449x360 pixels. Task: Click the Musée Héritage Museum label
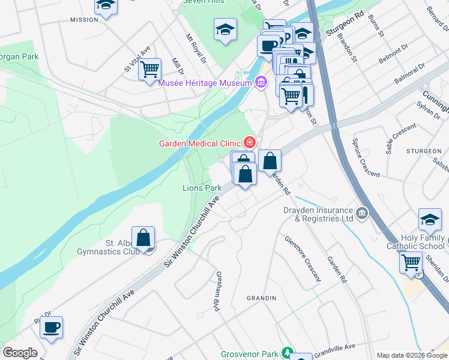coord(204,83)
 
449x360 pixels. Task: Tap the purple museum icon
coord(261,82)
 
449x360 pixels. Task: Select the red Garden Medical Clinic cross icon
coord(249,143)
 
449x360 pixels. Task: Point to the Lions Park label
coord(202,188)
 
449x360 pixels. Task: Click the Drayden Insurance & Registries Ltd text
coord(318,214)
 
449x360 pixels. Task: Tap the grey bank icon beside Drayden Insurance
coord(362,213)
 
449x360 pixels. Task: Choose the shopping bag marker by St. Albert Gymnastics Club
coord(143,238)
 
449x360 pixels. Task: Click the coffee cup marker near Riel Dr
coord(52,328)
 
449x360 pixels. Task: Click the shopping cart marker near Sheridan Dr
coord(411,262)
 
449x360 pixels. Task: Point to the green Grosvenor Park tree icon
coord(288,352)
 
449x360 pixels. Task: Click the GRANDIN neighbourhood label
coord(262,298)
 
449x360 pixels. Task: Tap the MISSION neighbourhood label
coord(84,20)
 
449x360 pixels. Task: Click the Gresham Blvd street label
coord(214,293)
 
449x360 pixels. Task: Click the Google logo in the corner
coord(20,353)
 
